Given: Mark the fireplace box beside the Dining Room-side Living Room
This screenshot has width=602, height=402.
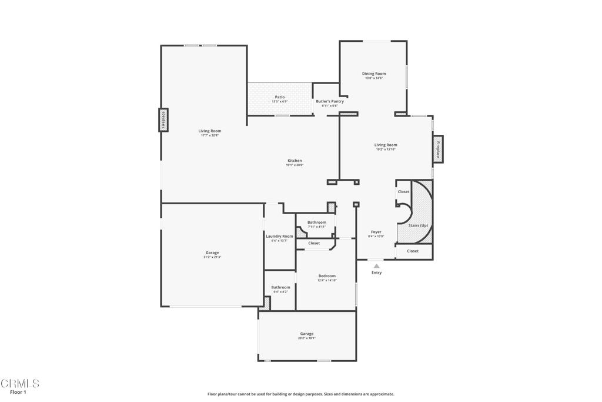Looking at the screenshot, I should click(x=437, y=149).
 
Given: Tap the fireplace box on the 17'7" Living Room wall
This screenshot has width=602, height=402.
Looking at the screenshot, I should click(x=163, y=120).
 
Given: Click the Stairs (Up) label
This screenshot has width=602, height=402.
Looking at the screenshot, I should click(x=418, y=225).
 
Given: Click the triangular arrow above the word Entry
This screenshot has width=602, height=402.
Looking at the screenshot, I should click(x=376, y=266).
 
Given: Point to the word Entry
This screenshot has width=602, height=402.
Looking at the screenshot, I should click(x=376, y=273).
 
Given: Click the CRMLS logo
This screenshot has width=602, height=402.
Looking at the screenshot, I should click(x=20, y=383).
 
